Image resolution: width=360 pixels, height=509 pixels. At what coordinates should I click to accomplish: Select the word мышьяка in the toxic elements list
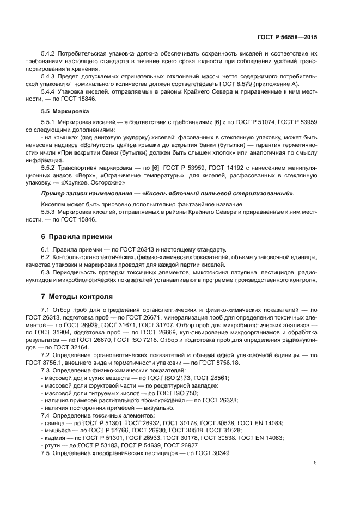[57, 430]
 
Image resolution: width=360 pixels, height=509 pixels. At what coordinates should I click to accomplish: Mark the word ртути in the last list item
[53, 445]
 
